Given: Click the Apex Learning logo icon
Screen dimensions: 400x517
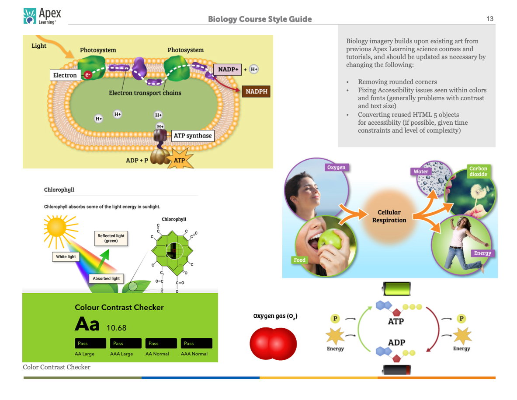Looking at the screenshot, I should pos(29,15).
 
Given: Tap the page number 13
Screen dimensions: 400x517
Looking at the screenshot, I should pos(490,19).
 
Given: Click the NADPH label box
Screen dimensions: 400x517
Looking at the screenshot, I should pos(256,91).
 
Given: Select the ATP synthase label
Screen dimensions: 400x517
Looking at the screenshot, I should pos(193,136).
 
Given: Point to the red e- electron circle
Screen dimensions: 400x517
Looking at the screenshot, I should pos(88,75).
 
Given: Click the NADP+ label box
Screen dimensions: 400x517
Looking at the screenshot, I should pos(227,69).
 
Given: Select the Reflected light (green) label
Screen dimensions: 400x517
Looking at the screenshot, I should pos(111,238).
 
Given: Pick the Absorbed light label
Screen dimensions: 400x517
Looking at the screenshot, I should pos(106,278).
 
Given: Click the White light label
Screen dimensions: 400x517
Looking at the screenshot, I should pos(66,256).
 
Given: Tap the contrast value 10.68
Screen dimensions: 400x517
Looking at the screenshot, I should pos(116,327).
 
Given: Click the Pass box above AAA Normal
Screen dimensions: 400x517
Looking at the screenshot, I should pos(197,344).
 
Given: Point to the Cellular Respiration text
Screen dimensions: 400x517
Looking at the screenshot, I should pos(389,216).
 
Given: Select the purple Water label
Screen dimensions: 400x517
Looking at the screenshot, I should pos(421,172).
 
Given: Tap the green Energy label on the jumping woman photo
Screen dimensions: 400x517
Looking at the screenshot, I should pos(482,253).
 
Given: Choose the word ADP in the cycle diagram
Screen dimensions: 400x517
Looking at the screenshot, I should pos(396,342).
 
